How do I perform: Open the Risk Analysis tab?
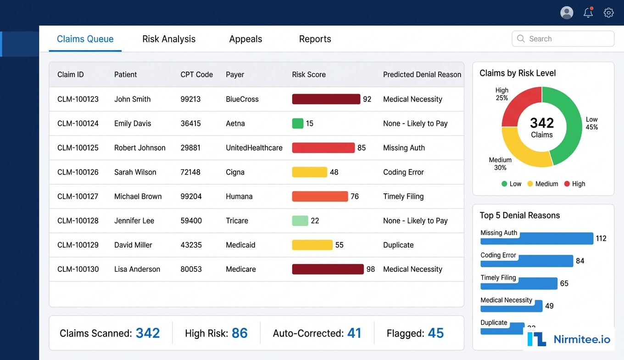(x=169, y=39)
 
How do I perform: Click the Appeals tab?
(x=245, y=39)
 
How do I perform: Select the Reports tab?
(x=315, y=39)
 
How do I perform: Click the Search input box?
(x=563, y=39)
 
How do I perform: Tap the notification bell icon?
(x=588, y=13)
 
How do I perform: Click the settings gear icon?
(x=608, y=13)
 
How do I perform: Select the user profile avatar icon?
(x=567, y=13)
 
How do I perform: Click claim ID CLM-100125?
(x=78, y=148)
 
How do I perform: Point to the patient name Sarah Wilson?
(x=135, y=172)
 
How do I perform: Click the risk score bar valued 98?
(x=328, y=269)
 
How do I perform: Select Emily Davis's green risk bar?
(x=298, y=124)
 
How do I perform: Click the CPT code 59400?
(x=191, y=221)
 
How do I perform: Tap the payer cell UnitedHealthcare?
(x=254, y=148)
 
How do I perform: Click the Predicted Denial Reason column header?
(x=422, y=74)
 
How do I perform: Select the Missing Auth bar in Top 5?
(x=537, y=239)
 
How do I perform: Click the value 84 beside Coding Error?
(x=580, y=261)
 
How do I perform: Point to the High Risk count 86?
(x=240, y=333)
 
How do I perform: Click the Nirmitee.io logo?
(x=569, y=339)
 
